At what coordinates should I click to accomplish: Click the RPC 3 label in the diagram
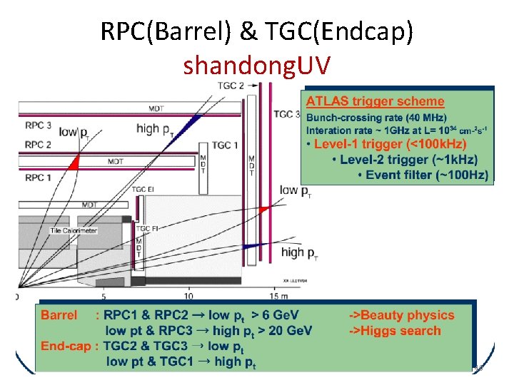pyautogui.click(x=38, y=125)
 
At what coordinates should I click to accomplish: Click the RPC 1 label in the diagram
pyautogui.click(x=38, y=176)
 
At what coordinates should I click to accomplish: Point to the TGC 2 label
pyautogui.click(x=231, y=86)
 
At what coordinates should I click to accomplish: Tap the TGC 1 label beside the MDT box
pyautogui.click(x=225, y=145)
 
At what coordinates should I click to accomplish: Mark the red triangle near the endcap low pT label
pyautogui.click(x=264, y=208)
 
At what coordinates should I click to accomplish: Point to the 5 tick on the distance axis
pyautogui.click(x=104, y=295)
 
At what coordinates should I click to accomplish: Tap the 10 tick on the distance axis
pyautogui.click(x=188, y=295)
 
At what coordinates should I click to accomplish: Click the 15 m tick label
pyautogui.click(x=279, y=295)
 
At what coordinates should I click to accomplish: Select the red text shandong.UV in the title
pyautogui.click(x=256, y=66)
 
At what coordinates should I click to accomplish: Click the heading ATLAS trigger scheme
pyautogui.click(x=376, y=102)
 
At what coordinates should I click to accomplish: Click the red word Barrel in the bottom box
pyautogui.click(x=59, y=315)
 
